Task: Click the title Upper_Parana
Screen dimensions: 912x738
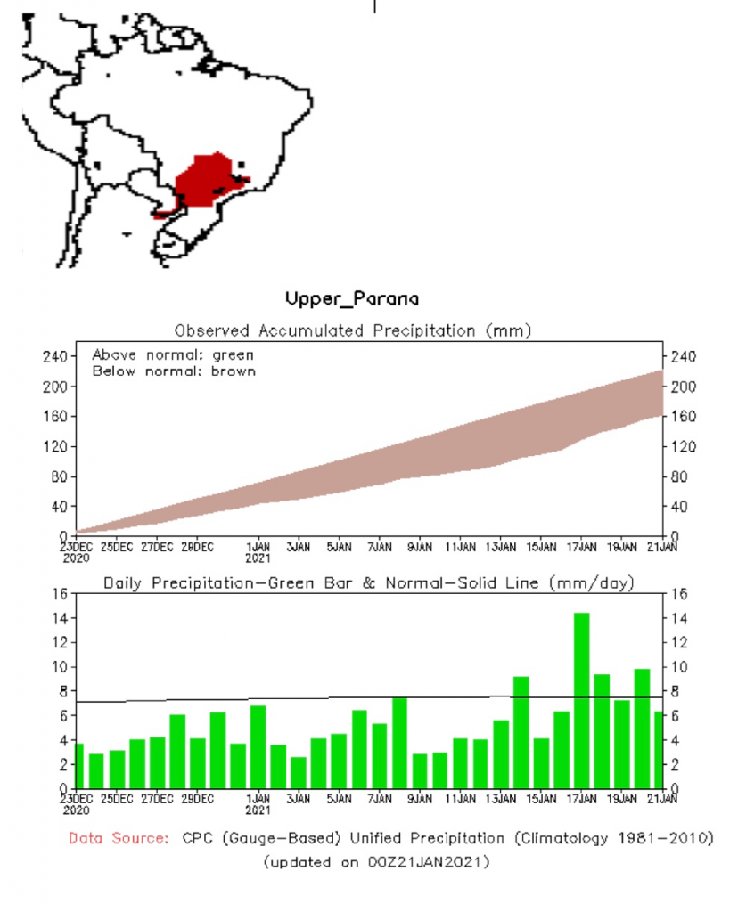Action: pyautogui.click(x=352, y=298)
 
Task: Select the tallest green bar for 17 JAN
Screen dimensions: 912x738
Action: pyautogui.click(x=581, y=700)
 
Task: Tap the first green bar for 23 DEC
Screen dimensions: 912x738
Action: pyautogui.click(x=78, y=766)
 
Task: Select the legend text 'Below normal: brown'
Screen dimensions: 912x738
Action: pyautogui.click(x=174, y=370)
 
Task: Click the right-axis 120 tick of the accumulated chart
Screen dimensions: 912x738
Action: pyautogui.click(x=683, y=446)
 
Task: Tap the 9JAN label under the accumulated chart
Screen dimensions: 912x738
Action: pyautogui.click(x=419, y=546)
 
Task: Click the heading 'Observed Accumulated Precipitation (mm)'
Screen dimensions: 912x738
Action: pyautogui.click(x=353, y=331)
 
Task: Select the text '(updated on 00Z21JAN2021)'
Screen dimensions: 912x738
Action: pyautogui.click(x=376, y=862)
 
